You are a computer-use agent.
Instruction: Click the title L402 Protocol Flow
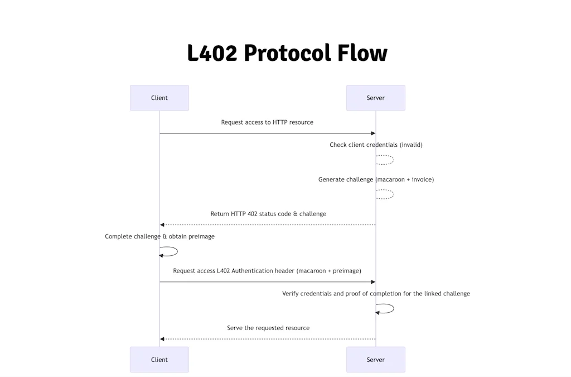click(x=287, y=53)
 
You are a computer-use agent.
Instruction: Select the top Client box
click(x=159, y=98)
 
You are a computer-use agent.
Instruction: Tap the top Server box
click(x=375, y=98)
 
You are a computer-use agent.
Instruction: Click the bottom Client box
click(x=159, y=360)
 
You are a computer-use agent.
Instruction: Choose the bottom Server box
click(x=375, y=360)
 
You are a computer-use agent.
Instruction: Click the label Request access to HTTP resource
click(x=267, y=122)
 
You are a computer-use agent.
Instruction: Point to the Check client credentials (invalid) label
click(x=376, y=145)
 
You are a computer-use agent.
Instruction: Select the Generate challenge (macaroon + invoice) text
click(x=376, y=180)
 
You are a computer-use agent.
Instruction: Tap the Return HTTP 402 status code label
click(x=268, y=214)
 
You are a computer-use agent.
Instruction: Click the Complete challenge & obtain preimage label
click(x=159, y=237)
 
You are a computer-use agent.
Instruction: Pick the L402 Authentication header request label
click(x=267, y=271)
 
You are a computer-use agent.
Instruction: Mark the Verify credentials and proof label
click(x=376, y=294)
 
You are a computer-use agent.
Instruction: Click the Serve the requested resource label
click(x=268, y=328)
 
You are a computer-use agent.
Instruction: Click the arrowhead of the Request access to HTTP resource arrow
click(x=373, y=133)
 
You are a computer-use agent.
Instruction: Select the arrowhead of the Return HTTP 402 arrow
click(x=162, y=225)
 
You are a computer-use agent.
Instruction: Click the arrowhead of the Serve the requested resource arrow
click(x=162, y=339)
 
